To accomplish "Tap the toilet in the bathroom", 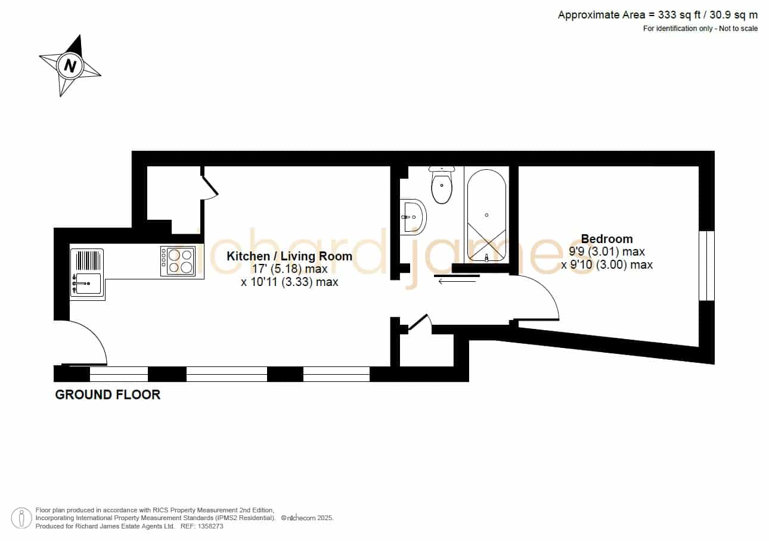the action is pyautogui.click(x=442, y=185).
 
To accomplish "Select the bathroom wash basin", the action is pyautogui.click(x=414, y=217).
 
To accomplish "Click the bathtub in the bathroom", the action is pyautogui.click(x=486, y=214).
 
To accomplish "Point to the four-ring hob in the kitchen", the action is pyautogui.click(x=178, y=261).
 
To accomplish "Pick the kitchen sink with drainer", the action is pyautogui.click(x=87, y=273).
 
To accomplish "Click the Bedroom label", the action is pyautogui.click(x=607, y=239).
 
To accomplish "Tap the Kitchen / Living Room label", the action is pyautogui.click(x=289, y=256).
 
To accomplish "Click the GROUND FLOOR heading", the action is pyautogui.click(x=108, y=394).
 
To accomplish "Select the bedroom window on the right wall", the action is pyautogui.click(x=706, y=266).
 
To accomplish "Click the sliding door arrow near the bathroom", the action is pyautogui.click(x=457, y=281).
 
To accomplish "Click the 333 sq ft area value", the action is pyautogui.click(x=680, y=15).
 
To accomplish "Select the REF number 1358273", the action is pyautogui.click(x=202, y=526).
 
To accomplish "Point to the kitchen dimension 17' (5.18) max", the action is pyautogui.click(x=290, y=269).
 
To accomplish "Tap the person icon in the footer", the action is pyautogui.click(x=21, y=518).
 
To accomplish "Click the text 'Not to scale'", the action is pyautogui.click(x=738, y=29).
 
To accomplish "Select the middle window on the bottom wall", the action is pyautogui.click(x=227, y=374).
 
